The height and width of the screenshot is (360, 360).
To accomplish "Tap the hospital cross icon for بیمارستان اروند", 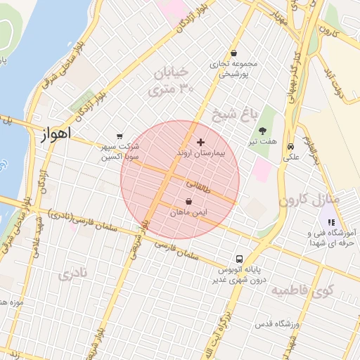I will pyautogui.click(x=201, y=142).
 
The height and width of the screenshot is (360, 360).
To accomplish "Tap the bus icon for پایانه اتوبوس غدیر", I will pyautogui.click(x=239, y=259).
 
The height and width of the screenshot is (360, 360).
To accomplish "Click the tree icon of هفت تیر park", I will pyautogui.click(x=262, y=131).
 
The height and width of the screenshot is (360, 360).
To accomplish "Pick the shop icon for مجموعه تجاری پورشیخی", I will pyautogui.click(x=233, y=53).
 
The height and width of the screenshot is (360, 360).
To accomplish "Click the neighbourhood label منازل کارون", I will pyautogui.click(x=309, y=199).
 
